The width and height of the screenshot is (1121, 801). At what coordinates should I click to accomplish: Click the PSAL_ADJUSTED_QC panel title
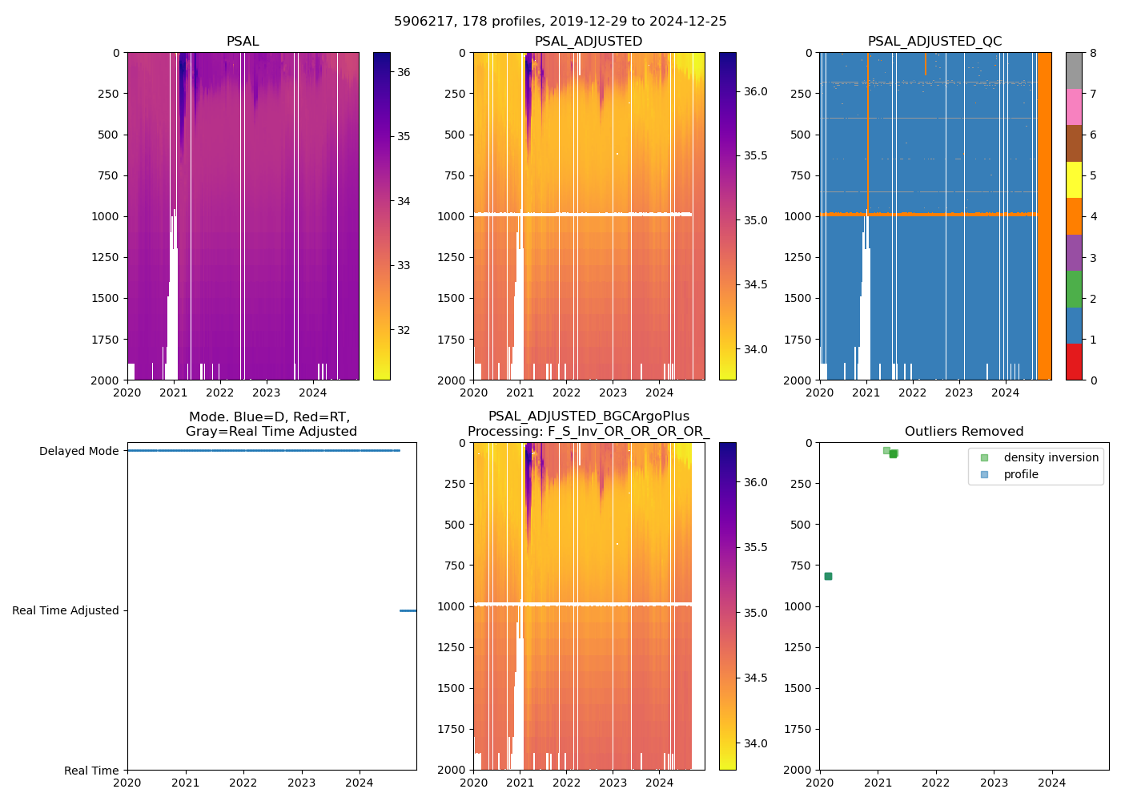(x=934, y=42)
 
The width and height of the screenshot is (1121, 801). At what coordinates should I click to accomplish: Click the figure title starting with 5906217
(x=560, y=22)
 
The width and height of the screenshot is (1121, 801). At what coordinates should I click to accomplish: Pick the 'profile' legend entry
(x=1021, y=474)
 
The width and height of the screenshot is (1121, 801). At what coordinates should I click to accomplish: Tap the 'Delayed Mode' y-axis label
(x=78, y=451)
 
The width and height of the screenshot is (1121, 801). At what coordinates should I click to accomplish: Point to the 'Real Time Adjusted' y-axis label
(x=65, y=610)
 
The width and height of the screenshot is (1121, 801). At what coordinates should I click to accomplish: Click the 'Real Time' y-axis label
(x=91, y=771)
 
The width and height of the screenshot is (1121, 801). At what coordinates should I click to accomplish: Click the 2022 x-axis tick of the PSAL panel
(x=220, y=392)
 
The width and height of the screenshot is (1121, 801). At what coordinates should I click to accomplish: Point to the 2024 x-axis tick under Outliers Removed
(x=1052, y=783)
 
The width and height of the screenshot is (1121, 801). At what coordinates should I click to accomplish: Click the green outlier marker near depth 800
(x=828, y=576)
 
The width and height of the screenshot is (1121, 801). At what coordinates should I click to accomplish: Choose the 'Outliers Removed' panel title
(x=963, y=432)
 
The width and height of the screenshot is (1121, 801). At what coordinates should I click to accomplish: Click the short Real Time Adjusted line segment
(x=408, y=610)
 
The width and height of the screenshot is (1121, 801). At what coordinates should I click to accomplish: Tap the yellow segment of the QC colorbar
(x=1074, y=179)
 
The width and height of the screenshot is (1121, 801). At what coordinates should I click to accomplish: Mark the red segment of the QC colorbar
(x=1074, y=361)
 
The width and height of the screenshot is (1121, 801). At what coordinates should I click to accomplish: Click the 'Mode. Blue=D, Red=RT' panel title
(x=271, y=424)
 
